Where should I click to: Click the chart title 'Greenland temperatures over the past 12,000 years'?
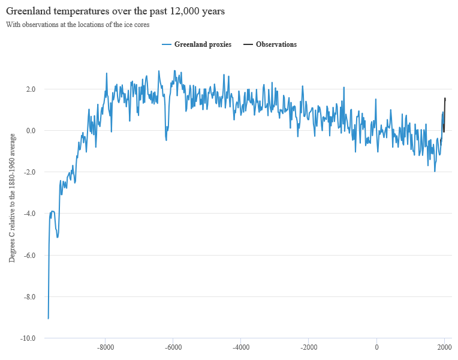click(115, 11)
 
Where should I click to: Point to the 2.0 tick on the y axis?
click(31, 89)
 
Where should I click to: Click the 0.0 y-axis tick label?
click(31, 131)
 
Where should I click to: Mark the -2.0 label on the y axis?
click(30, 172)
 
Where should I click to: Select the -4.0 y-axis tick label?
click(30, 214)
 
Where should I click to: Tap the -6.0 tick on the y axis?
click(30, 256)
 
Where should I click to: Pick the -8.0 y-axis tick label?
click(30, 297)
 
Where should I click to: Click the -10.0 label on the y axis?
click(29, 338)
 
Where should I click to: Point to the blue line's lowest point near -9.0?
click(48, 318)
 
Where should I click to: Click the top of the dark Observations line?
click(445, 98)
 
